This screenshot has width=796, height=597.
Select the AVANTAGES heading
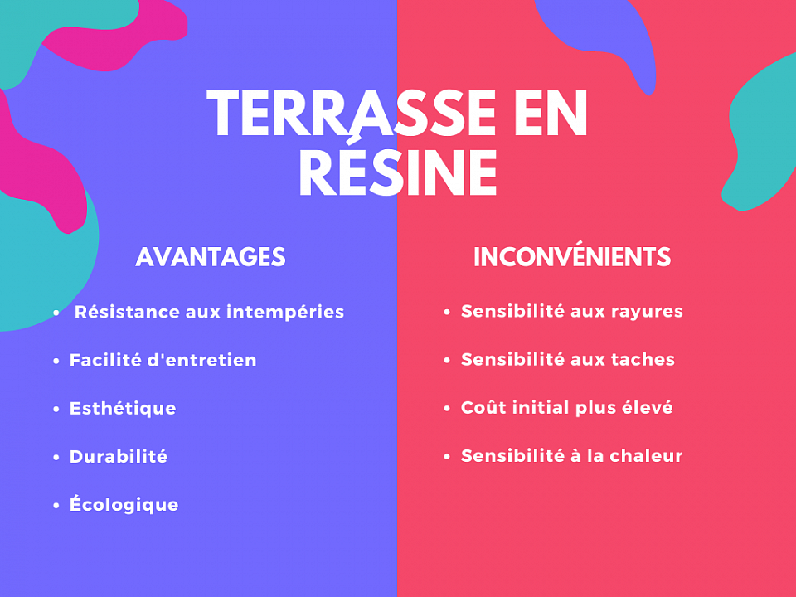point(211,257)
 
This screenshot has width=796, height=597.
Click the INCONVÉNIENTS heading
point(572,257)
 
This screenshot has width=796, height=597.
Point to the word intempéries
point(285,313)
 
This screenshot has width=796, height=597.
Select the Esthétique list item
point(123,409)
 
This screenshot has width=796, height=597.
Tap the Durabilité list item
point(119,457)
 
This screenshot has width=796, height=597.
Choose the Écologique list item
point(124,505)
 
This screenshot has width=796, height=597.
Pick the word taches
point(643,360)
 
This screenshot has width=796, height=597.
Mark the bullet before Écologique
point(56,505)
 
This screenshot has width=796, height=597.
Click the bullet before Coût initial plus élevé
point(447,409)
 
